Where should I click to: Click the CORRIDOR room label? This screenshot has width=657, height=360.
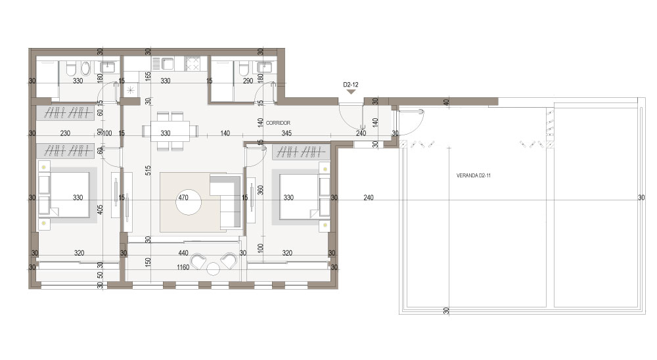click(278, 123)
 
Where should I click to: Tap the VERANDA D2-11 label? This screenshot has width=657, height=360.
click(474, 175)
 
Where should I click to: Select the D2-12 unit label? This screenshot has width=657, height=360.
click(351, 85)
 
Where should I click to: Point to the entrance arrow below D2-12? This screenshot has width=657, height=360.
click(351, 91)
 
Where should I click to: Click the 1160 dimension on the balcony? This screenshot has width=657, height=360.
click(183, 267)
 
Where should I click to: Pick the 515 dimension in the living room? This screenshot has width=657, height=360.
click(148, 170)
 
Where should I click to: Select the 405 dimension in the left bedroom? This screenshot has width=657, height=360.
click(100, 209)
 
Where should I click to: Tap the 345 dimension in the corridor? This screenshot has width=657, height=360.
click(286, 133)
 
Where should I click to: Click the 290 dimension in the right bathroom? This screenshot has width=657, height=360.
click(248, 81)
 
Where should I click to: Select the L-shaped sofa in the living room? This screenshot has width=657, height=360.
click(225, 202)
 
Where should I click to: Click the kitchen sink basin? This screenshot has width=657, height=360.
click(168, 64)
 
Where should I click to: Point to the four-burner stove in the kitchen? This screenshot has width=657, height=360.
click(193, 64)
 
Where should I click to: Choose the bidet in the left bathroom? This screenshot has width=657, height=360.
click(86, 68)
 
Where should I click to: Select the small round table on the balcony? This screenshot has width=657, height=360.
click(214, 269)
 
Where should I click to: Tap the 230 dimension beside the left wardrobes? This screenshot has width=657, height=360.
click(65, 133)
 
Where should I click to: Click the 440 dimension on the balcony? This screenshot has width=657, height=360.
click(183, 253)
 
